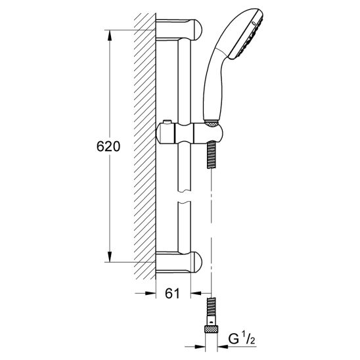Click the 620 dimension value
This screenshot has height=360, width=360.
108,146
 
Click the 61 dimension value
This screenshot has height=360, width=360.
172,293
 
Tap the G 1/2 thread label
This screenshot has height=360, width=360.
242,340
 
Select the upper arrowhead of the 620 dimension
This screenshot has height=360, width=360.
110,35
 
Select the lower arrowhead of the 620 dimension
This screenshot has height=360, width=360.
110,257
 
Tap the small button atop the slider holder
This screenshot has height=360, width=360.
168,122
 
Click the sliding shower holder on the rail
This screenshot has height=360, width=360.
189,133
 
